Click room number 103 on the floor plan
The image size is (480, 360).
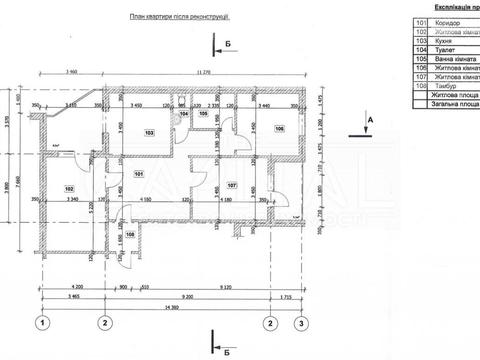click(149, 132)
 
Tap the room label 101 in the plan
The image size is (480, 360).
click(139, 174)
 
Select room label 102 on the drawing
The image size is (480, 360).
click(71, 188)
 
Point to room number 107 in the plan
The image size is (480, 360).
click(231, 186)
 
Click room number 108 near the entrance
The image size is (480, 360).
click(130, 236)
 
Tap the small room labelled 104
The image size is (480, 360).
click(183, 115)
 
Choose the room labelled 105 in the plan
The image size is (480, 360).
click(203, 115)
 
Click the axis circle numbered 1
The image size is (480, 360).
click(43, 323)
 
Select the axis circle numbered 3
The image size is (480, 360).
click(299, 323)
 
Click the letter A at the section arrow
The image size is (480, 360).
click(370, 118)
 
